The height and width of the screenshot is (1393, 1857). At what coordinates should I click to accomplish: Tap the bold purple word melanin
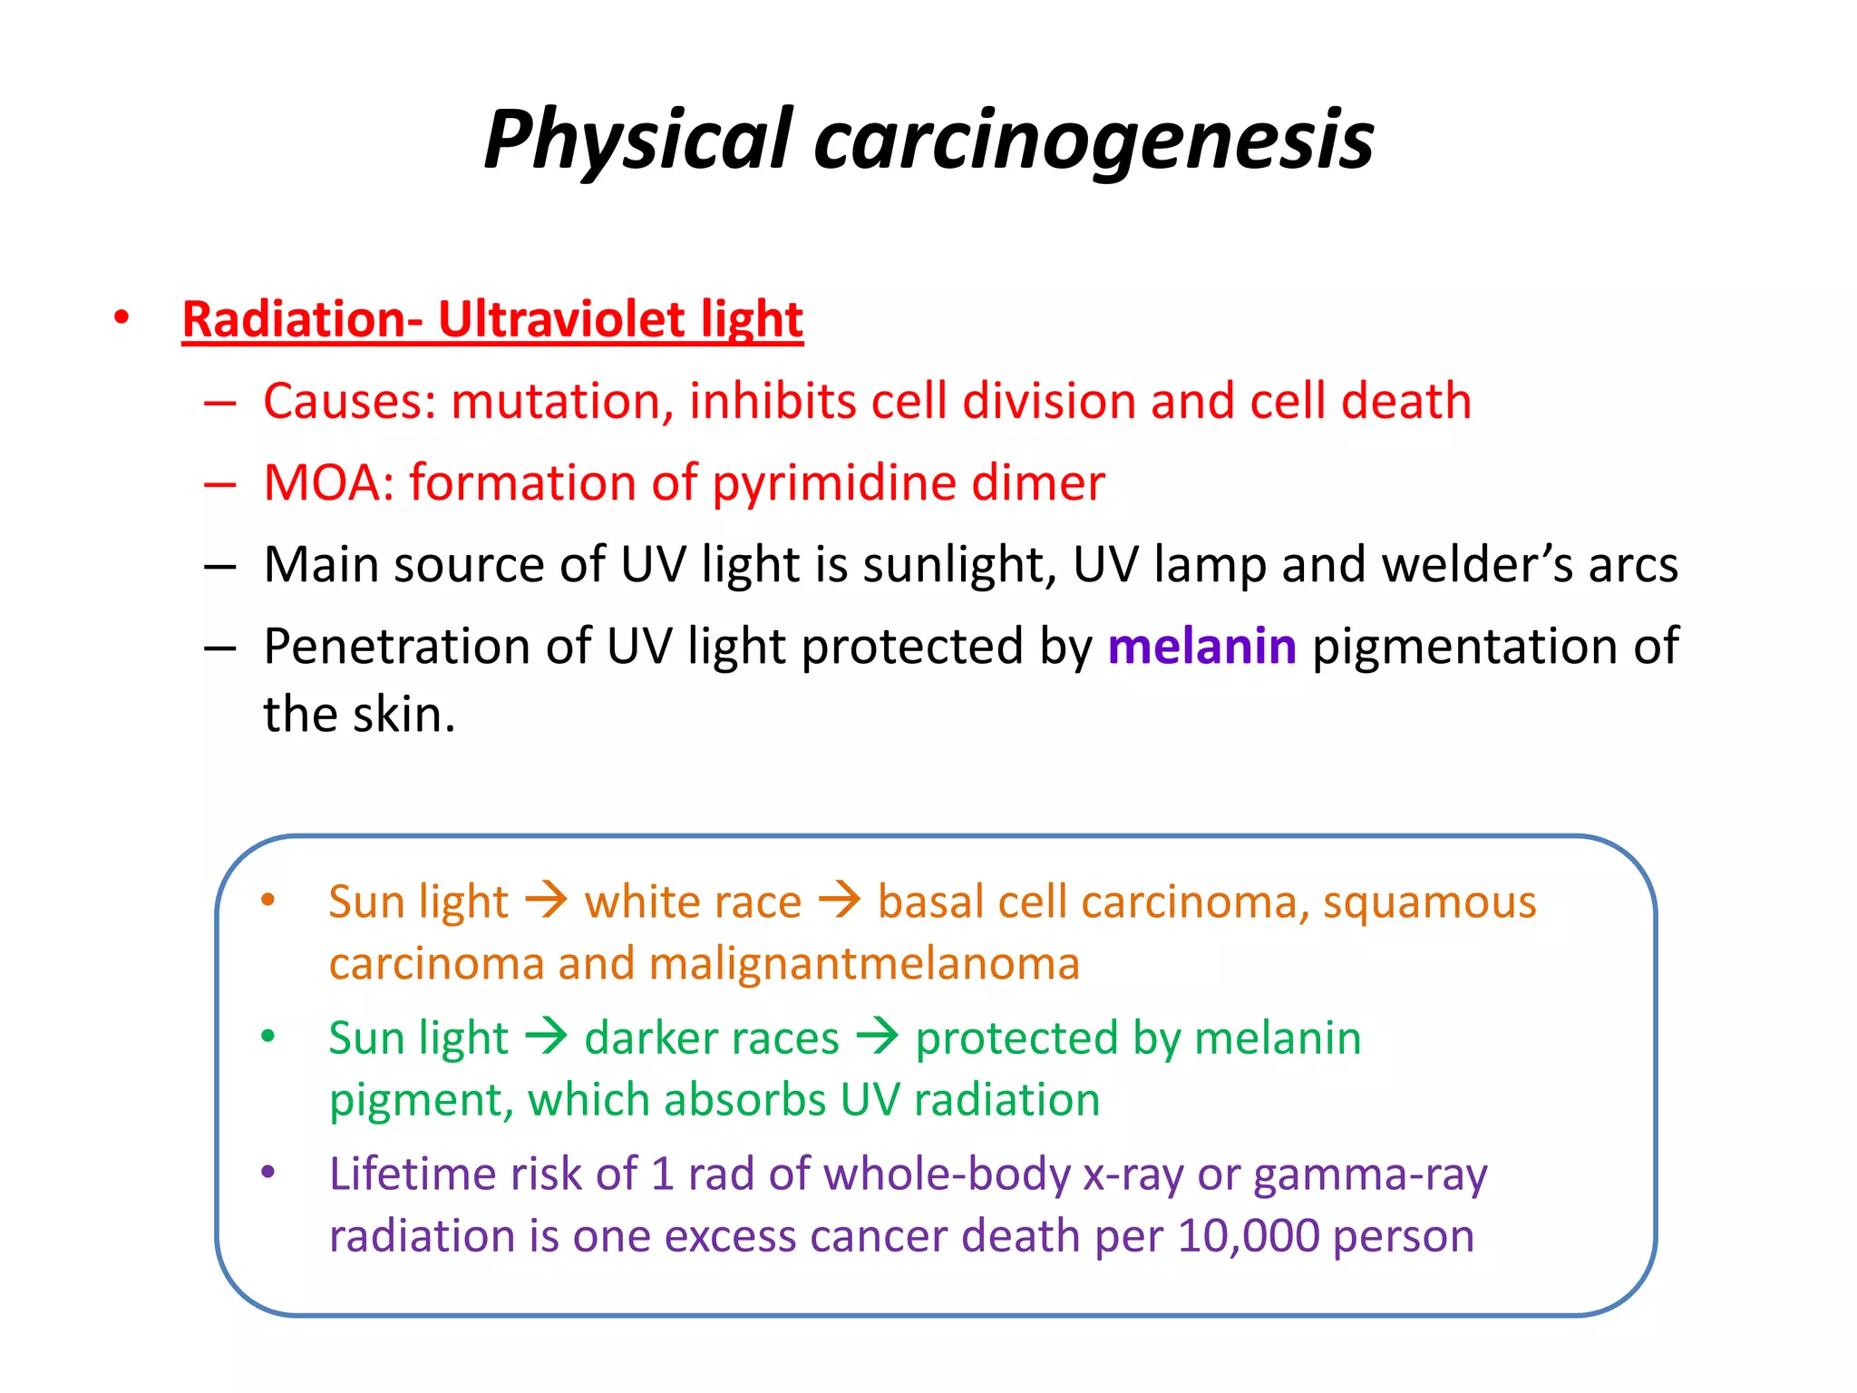click(1201, 647)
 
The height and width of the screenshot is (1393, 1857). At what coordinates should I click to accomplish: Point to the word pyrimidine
click(833, 482)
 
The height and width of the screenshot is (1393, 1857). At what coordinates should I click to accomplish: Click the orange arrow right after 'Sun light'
click(547, 901)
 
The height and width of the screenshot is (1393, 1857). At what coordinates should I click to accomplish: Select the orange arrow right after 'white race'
click(840, 901)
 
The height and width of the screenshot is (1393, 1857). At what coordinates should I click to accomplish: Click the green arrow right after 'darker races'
click(878, 1037)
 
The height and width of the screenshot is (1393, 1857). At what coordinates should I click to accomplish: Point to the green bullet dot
click(267, 1036)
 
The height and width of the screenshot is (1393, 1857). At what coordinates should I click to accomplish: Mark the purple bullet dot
click(267, 1172)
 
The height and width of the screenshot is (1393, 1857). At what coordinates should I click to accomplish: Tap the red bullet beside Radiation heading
click(122, 318)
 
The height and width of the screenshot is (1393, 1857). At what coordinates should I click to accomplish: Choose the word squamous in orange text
click(1429, 902)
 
